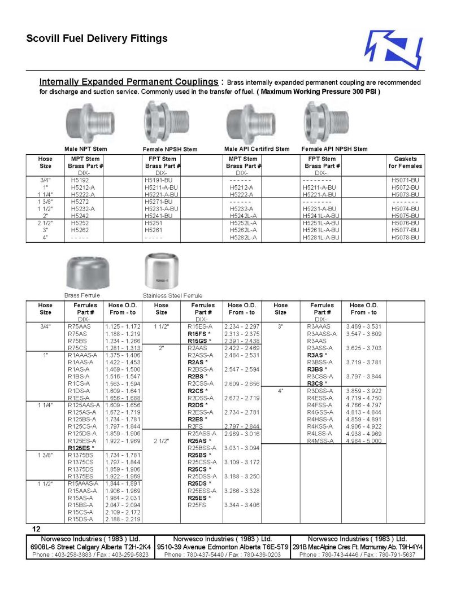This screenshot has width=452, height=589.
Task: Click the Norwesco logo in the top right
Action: click(x=394, y=49)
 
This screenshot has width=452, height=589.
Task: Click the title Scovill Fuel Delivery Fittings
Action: click(x=97, y=39)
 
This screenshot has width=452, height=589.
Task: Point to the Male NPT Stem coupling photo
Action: click(x=85, y=125)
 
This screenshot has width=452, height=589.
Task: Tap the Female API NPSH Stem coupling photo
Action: click(x=327, y=122)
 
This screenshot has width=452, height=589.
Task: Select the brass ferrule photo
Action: click(x=84, y=274)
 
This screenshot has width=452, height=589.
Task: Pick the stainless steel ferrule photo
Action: click(x=162, y=273)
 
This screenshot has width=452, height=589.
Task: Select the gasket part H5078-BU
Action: click(x=405, y=238)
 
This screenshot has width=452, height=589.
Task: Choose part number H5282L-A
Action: click(x=244, y=238)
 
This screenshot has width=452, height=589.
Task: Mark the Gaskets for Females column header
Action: click(x=405, y=163)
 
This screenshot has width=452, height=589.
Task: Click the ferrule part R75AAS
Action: click(x=79, y=326)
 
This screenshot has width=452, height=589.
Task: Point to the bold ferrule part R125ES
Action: click(x=81, y=448)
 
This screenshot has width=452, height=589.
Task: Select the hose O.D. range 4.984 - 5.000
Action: click(x=364, y=440)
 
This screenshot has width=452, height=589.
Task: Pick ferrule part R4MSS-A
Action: click(x=320, y=440)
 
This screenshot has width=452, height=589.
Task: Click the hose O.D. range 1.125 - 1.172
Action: click(x=122, y=326)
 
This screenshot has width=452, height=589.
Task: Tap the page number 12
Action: click(x=36, y=529)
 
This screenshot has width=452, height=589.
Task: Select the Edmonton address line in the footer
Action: click(x=222, y=547)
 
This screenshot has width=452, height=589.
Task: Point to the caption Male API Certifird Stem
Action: click(x=257, y=149)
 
